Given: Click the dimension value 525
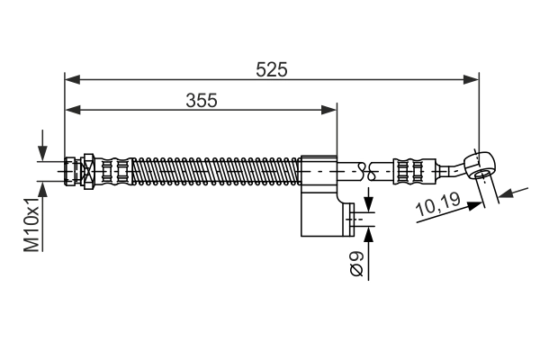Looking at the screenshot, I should click(271, 69).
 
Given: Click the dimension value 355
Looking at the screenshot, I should click(201, 100).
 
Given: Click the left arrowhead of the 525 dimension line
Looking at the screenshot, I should click(73, 80).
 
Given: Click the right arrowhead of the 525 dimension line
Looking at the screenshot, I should click(471, 80).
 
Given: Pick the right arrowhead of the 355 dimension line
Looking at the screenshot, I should click(328, 110).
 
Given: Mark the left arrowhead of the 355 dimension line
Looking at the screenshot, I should click(73, 110).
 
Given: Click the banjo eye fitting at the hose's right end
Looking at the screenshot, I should click(481, 162).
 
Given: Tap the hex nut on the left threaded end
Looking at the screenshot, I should click(89, 168).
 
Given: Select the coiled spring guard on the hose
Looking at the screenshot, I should click(216, 168).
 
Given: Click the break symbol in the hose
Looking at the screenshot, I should click(363, 167).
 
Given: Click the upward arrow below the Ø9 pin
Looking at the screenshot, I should click(368, 233).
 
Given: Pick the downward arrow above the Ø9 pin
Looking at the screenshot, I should click(368, 202).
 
